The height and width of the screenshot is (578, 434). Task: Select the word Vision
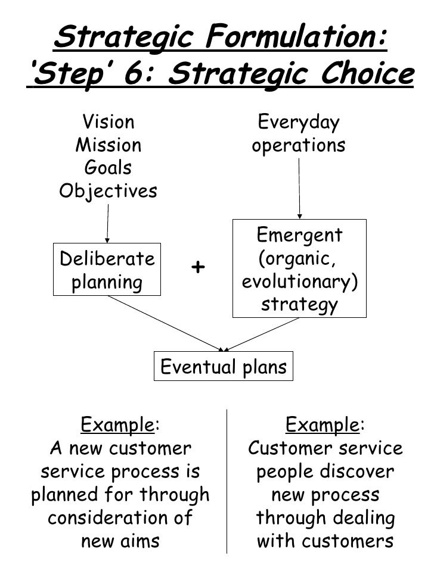click(108, 123)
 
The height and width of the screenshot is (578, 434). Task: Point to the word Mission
click(108, 145)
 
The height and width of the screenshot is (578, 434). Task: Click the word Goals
click(108, 168)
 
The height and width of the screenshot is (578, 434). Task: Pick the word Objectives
click(108, 191)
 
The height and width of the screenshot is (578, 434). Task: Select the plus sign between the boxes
click(198, 268)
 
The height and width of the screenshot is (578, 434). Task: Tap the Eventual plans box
click(224, 367)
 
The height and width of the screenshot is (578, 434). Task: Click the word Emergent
click(299, 235)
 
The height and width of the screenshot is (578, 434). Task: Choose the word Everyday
click(298, 123)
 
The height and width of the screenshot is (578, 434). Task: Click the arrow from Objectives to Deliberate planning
click(107, 224)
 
